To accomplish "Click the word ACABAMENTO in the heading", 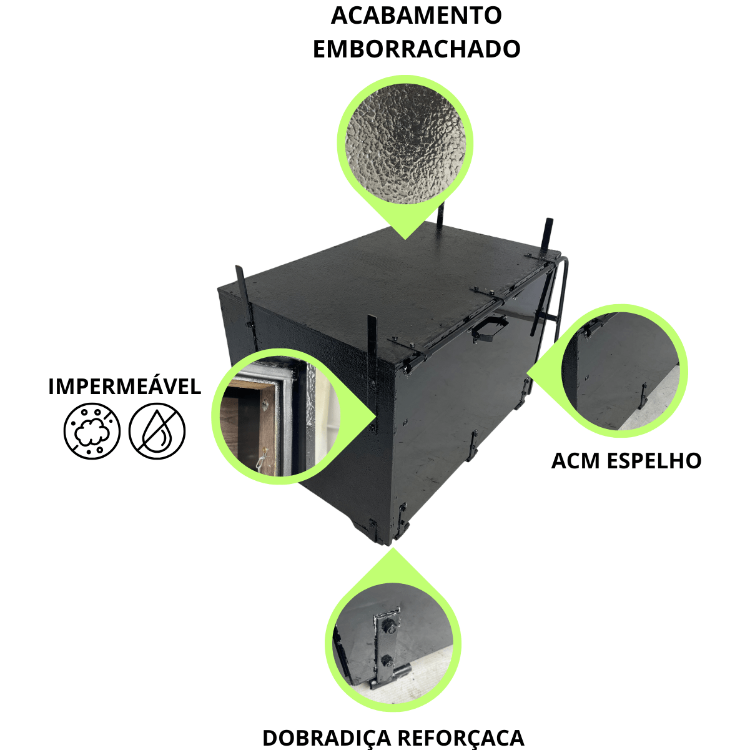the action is (x=416, y=16).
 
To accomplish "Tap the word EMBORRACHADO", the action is (x=417, y=49).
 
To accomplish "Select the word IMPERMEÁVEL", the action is (x=124, y=387).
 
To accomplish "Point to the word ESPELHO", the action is (x=654, y=461).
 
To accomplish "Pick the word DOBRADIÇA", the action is (x=327, y=737).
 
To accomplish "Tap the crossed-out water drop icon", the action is (x=157, y=431).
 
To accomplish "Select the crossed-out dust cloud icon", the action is (x=92, y=431).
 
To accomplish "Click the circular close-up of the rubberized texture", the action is (x=405, y=144).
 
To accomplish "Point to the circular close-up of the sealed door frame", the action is (x=279, y=416).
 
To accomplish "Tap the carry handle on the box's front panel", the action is (x=490, y=330).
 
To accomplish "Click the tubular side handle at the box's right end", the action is (x=561, y=296).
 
